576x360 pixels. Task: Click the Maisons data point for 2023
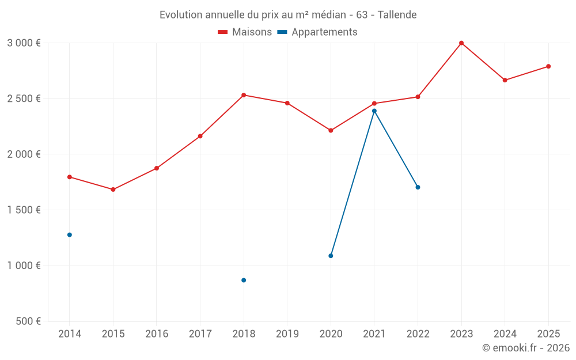click(x=461, y=43)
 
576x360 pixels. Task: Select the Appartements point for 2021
click(x=374, y=111)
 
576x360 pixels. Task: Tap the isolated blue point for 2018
click(x=244, y=281)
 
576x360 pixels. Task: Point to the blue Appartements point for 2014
click(x=70, y=235)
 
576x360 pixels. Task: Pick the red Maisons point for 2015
click(x=113, y=190)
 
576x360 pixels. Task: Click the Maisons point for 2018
click(x=244, y=95)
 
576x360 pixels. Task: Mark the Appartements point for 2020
click(x=331, y=256)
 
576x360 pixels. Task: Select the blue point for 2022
click(x=418, y=187)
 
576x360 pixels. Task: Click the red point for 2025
click(x=548, y=66)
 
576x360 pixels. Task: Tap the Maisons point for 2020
click(x=331, y=131)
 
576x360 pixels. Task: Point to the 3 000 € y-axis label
click(x=24, y=43)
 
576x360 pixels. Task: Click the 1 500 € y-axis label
click(x=24, y=210)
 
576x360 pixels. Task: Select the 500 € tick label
click(x=27, y=321)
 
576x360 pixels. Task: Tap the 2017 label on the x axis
click(x=200, y=334)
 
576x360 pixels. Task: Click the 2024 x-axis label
click(x=505, y=334)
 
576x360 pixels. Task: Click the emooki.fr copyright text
click(x=526, y=348)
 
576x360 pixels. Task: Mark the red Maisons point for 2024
click(x=505, y=80)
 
